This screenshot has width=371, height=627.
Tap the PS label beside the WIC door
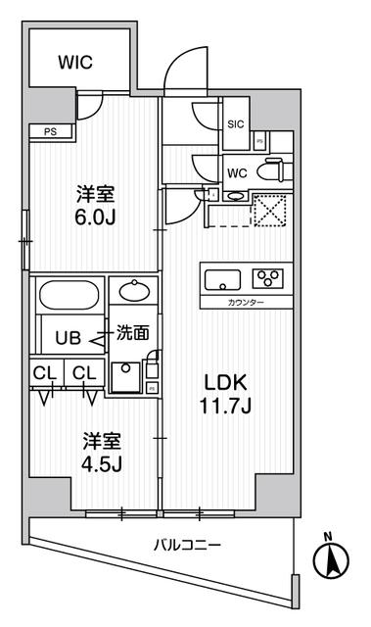point(48,130)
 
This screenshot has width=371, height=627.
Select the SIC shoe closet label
point(236,124)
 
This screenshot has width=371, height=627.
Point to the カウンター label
point(245,303)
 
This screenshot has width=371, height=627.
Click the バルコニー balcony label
point(186,545)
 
